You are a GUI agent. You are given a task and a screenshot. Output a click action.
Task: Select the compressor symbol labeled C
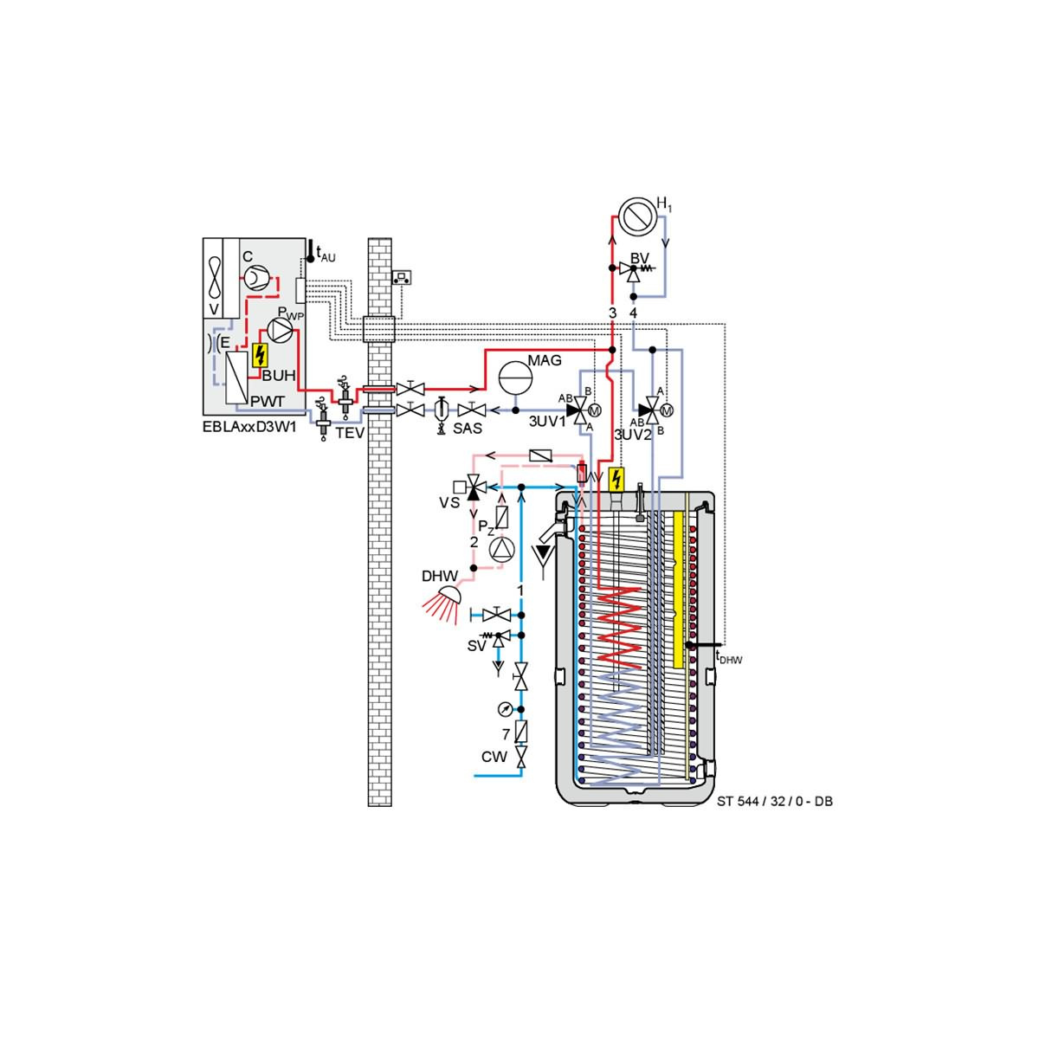(x=252, y=278)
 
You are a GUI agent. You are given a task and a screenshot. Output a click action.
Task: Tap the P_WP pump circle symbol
(x=280, y=330)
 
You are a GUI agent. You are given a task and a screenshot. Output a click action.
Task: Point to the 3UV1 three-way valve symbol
(x=581, y=410)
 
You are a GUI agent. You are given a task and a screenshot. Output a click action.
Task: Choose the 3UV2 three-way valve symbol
(x=654, y=411)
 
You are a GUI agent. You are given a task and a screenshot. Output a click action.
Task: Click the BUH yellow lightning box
(x=260, y=355)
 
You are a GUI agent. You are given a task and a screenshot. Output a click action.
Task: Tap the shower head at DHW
(x=443, y=603)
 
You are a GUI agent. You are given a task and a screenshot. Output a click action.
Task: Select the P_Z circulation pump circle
(x=501, y=549)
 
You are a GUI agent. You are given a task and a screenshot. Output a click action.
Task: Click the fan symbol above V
(x=215, y=279)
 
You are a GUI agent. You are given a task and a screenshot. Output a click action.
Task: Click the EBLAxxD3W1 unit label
(x=249, y=428)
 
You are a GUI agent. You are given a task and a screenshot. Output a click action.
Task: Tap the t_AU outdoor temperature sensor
(x=311, y=251)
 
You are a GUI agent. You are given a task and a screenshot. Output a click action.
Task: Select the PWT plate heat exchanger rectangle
(x=236, y=378)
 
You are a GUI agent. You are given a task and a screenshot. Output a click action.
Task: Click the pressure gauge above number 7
(x=505, y=710)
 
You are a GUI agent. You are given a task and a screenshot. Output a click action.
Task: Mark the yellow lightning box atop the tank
(x=616, y=480)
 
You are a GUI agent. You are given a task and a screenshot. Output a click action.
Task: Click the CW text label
(x=494, y=757)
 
